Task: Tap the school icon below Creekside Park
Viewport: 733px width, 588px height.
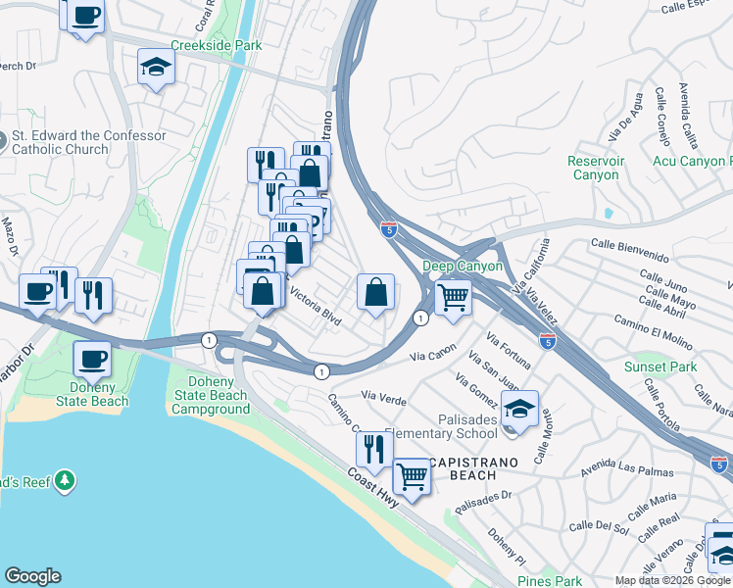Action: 155,68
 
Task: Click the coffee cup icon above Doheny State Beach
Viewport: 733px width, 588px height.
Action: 92,359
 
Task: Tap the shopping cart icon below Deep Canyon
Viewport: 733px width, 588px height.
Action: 452,296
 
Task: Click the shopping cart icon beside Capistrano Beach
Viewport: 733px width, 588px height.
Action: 412,476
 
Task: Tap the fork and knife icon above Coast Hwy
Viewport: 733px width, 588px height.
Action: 373,450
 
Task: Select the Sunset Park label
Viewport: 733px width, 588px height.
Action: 660,367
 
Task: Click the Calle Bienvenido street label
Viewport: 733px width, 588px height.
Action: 629,249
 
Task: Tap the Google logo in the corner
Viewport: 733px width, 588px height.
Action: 32,576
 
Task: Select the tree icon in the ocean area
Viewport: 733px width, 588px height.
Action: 65,480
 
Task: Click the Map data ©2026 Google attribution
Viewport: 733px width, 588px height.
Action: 672,580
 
